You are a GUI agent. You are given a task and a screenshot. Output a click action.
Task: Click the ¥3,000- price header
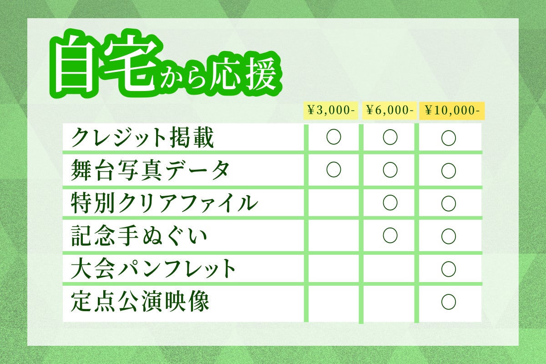(x=331, y=111)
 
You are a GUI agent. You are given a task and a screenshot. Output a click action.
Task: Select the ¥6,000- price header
(x=389, y=111)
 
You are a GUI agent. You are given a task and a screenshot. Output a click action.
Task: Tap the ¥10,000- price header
(x=452, y=111)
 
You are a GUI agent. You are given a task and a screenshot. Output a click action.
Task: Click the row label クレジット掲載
(x=142, y=138)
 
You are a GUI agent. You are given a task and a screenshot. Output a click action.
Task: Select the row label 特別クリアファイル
(x=164, y=203)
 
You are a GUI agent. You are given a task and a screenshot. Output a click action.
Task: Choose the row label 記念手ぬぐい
(x=139, y=236)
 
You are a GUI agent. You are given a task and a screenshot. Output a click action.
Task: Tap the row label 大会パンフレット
(x=153, y=268)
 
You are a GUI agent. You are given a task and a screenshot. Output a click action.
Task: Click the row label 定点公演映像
(x=140, y=301)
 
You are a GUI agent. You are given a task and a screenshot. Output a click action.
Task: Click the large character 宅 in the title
(x=131, y=64)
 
